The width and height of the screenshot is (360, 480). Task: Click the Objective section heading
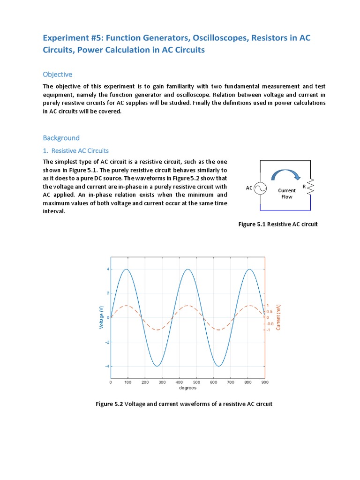58,75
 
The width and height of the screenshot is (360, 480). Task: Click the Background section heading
61,138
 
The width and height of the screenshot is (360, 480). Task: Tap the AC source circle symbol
260,188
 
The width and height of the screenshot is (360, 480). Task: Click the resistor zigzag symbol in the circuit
310,187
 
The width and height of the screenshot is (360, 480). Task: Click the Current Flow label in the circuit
286,194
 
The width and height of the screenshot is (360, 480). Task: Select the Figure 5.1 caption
278,224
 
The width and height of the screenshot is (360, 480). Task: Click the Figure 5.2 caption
184,404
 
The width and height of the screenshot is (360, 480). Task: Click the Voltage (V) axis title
101,317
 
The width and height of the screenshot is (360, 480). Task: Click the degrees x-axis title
188,388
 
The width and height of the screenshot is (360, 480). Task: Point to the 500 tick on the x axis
196,382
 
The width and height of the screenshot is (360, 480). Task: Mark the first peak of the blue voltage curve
126,269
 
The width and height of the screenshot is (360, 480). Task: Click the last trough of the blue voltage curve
218,366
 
